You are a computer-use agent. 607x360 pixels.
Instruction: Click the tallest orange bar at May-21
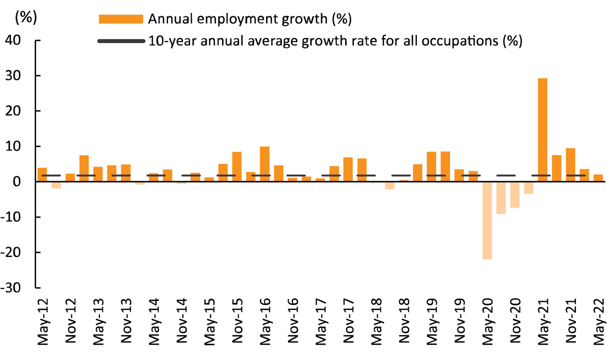pos(542,129)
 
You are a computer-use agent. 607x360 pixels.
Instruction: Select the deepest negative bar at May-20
pos(487,220)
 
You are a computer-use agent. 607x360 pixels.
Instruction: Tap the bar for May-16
pos(265,164)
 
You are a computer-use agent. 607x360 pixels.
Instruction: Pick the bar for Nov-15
pos(237,167)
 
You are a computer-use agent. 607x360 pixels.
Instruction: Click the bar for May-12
pos(42,174)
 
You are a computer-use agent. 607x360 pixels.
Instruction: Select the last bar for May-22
pos(598,178)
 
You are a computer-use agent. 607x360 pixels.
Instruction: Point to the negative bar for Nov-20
pos(515,195)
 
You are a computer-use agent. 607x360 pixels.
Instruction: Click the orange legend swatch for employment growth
pos(121,19)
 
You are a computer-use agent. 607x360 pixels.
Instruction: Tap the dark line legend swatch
pos(121,41)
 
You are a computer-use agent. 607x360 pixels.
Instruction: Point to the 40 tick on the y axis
pos(13,40)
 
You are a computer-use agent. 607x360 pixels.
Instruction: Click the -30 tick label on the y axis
pos(11,288)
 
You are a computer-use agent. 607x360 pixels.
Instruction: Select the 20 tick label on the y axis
pos(13,111)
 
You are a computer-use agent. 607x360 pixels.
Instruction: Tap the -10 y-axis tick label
pos(11,217)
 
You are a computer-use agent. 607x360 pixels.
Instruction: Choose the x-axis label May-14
pos(154,322)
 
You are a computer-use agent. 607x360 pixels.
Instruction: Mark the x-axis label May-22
pos(599,322)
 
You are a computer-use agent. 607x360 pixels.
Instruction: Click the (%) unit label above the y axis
pos(25,17)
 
